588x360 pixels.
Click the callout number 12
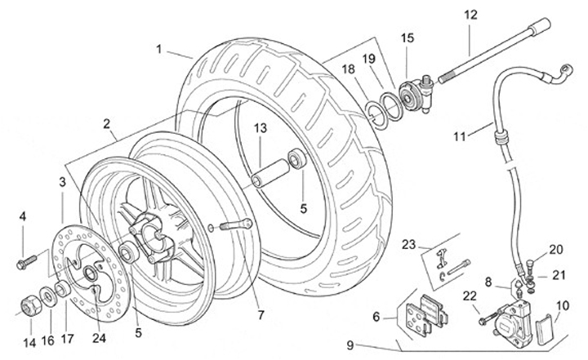(x=470, y=15)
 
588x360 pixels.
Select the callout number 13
(x=261, y=128)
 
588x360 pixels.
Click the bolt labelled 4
(x=27, y=262)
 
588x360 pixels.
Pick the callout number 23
(x=409, y=245)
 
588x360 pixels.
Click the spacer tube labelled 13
(x=270, y=173)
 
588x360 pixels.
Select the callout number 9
(x=350, y=345)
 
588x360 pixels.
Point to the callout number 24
(x=99, y=338)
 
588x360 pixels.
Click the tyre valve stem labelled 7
(x=235, y=225)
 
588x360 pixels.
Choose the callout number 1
(x=158, y=49)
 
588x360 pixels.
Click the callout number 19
(x=368, y=59)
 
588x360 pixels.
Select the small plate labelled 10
(x=544, y=329)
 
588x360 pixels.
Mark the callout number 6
(x=376, y=317)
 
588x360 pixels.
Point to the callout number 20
(x=556, y=249)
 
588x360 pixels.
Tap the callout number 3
(x=62, y=182)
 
